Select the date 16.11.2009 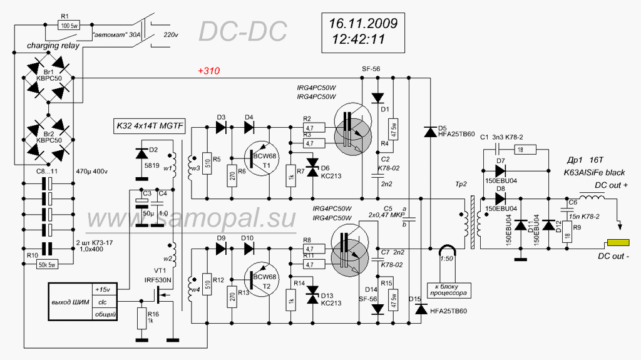(363, 24)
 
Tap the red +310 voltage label (208, 71)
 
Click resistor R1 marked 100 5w (68, 26)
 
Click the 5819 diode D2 (142, 153)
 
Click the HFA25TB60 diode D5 (430, 132)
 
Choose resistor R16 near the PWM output (143, 317)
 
